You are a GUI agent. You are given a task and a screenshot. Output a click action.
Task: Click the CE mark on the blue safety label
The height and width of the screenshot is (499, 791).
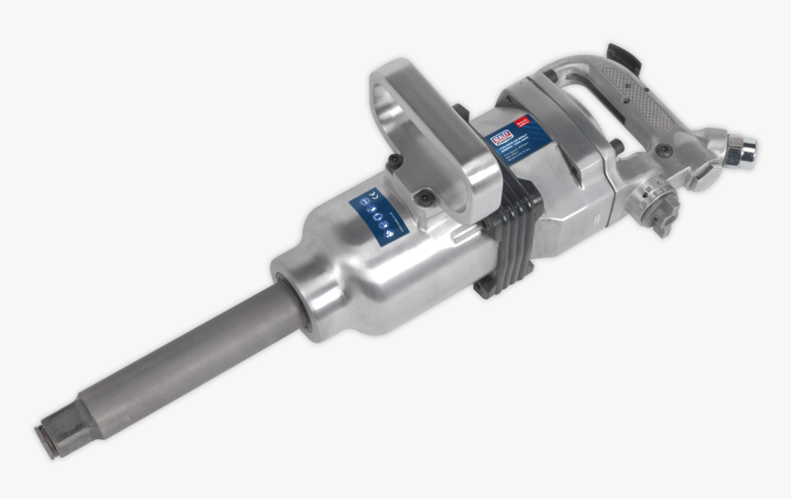pos(373,196)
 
